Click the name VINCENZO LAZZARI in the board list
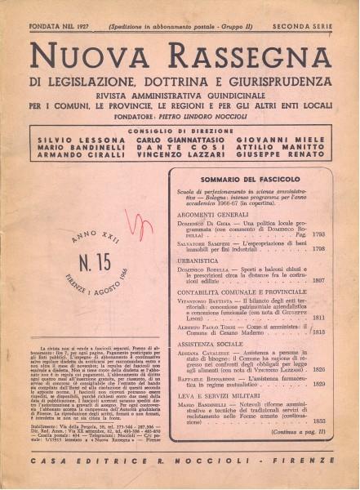[x=181, y=164]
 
